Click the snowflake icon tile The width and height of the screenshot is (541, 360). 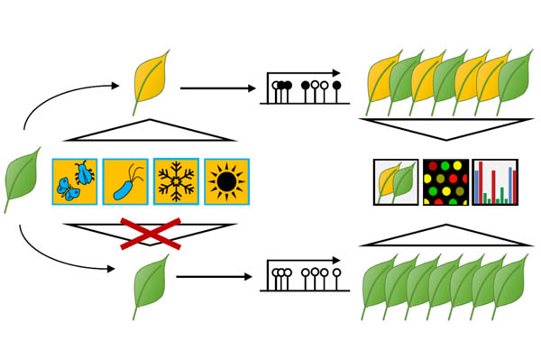coord(176,182)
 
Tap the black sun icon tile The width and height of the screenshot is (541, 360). coord(226,182)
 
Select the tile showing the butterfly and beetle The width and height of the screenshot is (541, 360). coord(75,182)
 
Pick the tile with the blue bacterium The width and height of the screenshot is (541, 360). coord(125,182)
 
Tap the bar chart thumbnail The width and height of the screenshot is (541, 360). coord(495,182)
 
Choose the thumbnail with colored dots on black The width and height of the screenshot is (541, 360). coord(445,182)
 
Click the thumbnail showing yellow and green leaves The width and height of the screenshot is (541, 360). coord(396,182)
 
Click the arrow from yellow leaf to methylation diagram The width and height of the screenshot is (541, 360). coord(217,88)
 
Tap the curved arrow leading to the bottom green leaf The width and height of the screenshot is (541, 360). coord(54,257)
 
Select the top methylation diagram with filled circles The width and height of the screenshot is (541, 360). coord(305,86)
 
